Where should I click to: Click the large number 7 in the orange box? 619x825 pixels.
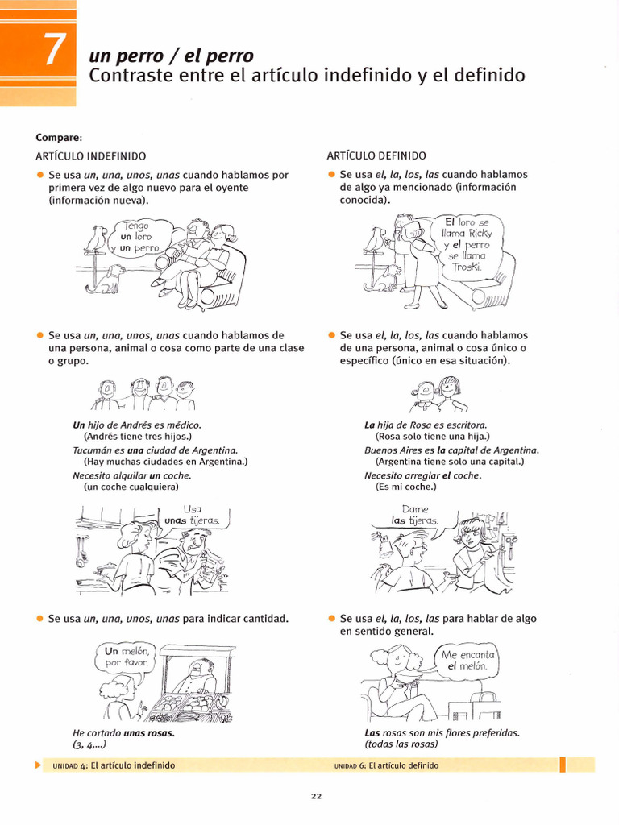pos(52,51)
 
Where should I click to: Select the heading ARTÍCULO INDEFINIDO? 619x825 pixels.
pos(90,155)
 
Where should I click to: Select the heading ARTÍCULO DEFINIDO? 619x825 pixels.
pos(376,155)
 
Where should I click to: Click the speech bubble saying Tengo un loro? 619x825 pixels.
pos(140,237)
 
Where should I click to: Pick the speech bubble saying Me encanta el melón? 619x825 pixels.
pos(467,661)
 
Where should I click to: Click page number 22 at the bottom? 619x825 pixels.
pos(317,797)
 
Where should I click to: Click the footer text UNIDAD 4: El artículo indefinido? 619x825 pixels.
pos(113,765)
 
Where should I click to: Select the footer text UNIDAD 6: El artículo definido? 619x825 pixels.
pos(386,765)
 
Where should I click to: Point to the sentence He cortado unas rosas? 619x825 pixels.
pos(123,733)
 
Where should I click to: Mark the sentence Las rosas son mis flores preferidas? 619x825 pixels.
pos(442,733)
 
